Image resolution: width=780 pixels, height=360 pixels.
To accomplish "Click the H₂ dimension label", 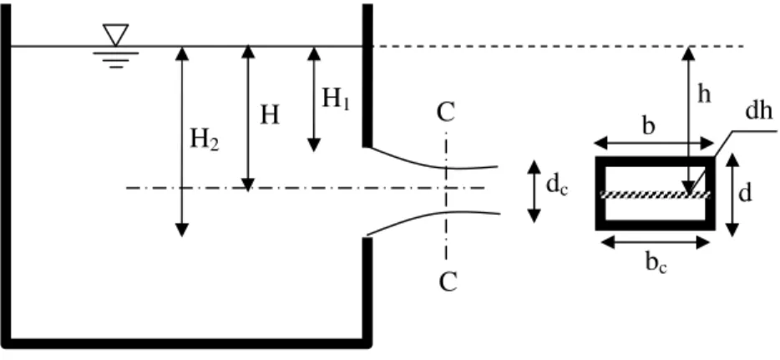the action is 204,139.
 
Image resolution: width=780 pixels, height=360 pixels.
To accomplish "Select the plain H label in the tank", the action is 270,115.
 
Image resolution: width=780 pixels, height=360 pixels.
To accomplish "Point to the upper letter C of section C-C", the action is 446,113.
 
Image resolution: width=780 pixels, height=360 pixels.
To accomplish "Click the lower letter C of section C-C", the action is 448,282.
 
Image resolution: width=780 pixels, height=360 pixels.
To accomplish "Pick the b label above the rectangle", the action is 648,126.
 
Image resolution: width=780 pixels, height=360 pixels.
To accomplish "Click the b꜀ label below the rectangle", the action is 656,263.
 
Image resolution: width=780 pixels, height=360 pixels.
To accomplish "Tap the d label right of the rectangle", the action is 745,194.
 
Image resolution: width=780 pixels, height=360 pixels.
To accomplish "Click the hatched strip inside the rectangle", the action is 656,195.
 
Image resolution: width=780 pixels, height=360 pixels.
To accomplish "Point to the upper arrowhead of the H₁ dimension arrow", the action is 313,53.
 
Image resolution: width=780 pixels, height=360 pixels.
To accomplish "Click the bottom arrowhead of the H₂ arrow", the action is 182,231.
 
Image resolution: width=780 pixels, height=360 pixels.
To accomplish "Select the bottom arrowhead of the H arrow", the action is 248,185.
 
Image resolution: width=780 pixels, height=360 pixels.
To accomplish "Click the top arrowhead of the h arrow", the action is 688,53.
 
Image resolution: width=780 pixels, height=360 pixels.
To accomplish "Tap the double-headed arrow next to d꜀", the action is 534,191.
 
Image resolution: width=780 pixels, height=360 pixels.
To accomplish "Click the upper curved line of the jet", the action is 433,160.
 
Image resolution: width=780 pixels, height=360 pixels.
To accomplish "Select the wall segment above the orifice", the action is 367,75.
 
